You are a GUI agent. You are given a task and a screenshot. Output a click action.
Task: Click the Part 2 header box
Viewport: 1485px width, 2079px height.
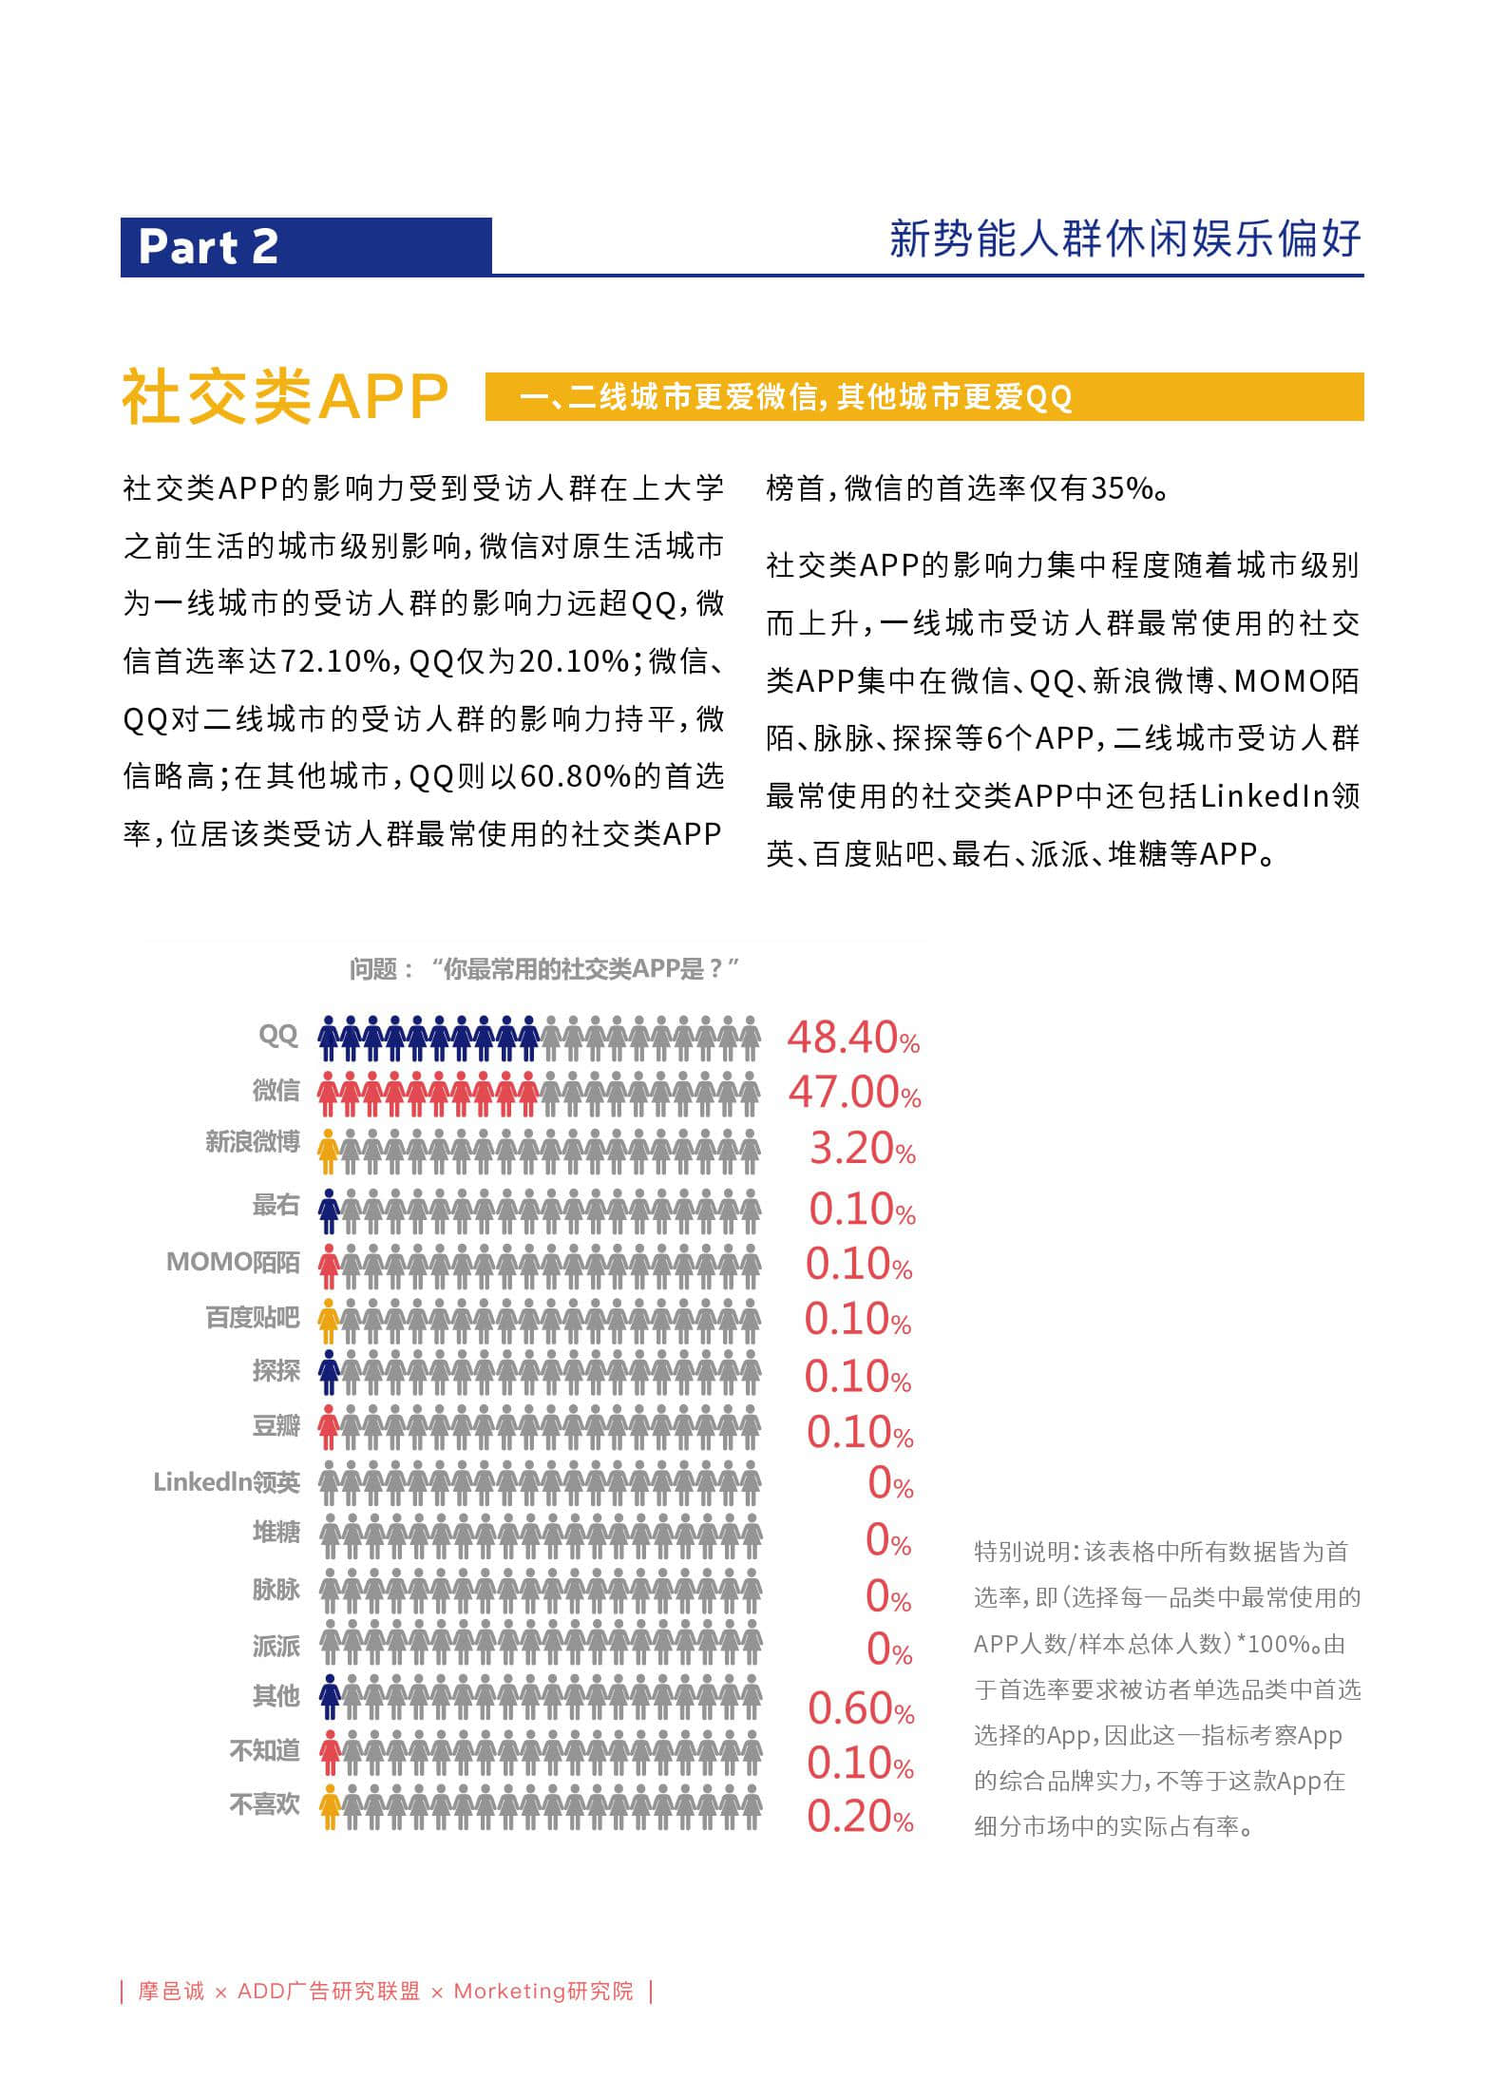[306, 247]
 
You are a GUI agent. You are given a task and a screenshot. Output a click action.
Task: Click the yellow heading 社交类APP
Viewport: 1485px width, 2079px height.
[285, 396]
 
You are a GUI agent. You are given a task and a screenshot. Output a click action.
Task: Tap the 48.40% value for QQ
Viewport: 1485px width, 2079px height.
[853, 1038]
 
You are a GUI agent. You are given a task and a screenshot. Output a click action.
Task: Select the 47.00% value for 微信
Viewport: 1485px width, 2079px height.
[854, 1092]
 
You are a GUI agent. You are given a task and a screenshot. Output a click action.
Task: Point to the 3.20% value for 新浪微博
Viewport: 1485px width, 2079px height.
[862, 1149]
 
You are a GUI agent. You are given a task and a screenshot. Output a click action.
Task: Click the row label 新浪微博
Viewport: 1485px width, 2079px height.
[252, 1141]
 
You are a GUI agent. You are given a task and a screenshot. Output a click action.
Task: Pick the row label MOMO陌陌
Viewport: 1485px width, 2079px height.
[233, 1262]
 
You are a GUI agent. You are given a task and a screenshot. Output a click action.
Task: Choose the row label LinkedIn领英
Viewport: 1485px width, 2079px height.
[226, 1482]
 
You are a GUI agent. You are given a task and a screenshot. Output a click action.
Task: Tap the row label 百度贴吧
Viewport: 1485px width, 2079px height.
[252, 1317]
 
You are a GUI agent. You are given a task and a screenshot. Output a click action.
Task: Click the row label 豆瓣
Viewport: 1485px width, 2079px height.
[276, 1425]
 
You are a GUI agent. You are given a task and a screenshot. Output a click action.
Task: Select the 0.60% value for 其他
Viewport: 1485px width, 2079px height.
[861, 1708]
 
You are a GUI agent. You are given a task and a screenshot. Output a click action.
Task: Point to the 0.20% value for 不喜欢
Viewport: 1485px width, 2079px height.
[860, 1817]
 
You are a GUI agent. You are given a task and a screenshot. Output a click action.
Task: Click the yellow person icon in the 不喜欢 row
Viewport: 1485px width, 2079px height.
[329, 1806]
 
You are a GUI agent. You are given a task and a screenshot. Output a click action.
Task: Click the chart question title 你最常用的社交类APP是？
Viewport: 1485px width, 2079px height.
[544, 969]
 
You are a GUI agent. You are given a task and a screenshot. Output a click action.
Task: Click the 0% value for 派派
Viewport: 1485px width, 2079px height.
[890, 1650]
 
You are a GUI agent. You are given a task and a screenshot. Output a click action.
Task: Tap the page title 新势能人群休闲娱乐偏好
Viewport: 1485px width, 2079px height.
[1125, 238]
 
